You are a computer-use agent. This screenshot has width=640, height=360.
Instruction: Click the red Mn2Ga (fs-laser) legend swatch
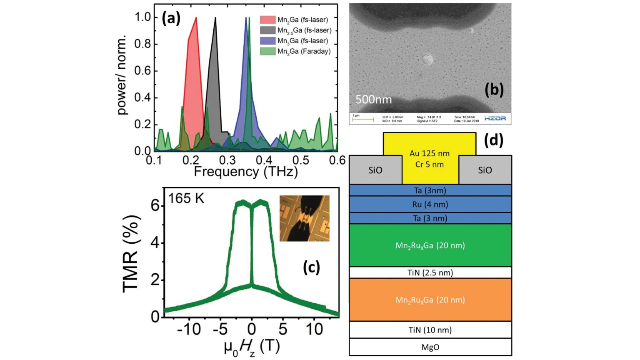click(x=267, y=20)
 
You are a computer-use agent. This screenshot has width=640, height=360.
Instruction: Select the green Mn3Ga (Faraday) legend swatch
click(x=267, y=51)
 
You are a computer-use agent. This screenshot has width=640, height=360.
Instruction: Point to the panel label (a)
click(x=171, y=18)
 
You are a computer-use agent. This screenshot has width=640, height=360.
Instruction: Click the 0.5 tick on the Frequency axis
click(x=301, y=160)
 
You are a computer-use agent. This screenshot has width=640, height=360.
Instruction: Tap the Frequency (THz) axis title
click(x=246, y=172)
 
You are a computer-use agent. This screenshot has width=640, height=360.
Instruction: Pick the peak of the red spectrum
click(x=196, y=18)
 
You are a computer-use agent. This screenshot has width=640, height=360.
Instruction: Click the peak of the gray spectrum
click(x=215, y=18)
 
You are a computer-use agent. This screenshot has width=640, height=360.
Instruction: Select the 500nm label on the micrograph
click(x=373, y=100)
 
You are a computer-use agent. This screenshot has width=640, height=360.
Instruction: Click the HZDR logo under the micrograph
click(x=495, y=119)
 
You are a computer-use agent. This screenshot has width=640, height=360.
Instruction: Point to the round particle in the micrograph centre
click(x=427, y=60)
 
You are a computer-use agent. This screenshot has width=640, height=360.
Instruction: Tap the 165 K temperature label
click(x=186, y=198)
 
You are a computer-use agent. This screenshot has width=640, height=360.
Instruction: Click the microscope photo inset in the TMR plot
click(x=304, y=218)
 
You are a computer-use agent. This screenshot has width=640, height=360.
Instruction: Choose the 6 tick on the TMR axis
click(x=155, y=205)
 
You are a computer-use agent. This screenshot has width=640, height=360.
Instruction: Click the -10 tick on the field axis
click(x=189, y=330)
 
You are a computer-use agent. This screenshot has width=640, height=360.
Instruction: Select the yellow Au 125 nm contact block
click(x=430, y=158)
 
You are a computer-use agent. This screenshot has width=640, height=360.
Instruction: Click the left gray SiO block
click(x=375, y=170)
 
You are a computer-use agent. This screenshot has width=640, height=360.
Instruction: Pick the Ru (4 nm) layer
click(x=430, y=204)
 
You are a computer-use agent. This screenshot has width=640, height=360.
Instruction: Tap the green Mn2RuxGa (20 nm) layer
click(x=430, y=245)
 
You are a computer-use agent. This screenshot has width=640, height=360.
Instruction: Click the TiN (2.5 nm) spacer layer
click(x=430, y=272)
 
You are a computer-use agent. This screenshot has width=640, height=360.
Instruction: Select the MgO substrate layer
click(x=430, y=347)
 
